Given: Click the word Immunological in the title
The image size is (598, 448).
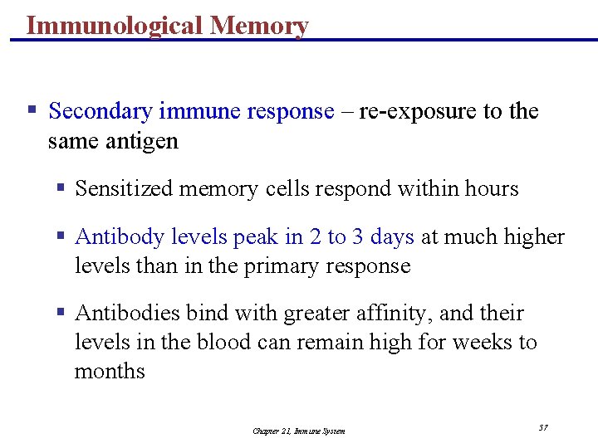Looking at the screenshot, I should click(115, 26).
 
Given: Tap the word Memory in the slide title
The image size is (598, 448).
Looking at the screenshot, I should click(259, 26).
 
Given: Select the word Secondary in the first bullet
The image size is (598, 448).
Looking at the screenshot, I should click(100, 111).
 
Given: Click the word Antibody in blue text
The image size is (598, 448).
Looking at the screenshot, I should click(120, 236).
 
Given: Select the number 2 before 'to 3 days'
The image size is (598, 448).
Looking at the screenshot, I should click(315, 236).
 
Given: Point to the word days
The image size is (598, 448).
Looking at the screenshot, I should click(392, 236).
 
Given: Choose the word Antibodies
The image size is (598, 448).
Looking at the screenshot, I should click(127, 313).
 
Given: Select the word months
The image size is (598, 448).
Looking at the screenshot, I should click(110, 371).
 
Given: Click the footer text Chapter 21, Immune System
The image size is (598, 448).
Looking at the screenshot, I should click(299, 431).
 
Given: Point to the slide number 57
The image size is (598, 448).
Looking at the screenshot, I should click(543, 427).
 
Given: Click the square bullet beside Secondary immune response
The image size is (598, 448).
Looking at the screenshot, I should click(32, 110).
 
